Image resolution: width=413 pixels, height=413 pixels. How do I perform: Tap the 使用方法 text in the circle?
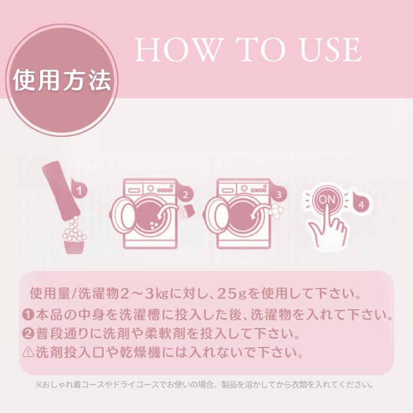pyautogui.click(x=62, y=80)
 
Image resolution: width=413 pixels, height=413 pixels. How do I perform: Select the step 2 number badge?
pyautogui.click(x=185, y=195)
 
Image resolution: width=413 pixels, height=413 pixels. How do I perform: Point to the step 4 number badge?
pyautogui.click(x=361, y=204)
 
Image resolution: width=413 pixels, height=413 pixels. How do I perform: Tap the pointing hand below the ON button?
pyautogui.click(x=327, y=227)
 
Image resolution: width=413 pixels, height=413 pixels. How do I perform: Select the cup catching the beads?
pyautogui.click(x=74, y=247)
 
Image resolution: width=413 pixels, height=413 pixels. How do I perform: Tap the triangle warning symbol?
pyautogui.click(x=28, y=352)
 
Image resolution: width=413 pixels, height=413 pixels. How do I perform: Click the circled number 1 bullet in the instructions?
pyautogui.click(x=28, y=314)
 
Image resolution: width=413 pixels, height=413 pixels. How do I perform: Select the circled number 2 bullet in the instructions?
pyautogui.click(x=28, y=333)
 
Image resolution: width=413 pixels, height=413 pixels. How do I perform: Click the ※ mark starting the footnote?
pyautogui.click(x=39, y=385)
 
